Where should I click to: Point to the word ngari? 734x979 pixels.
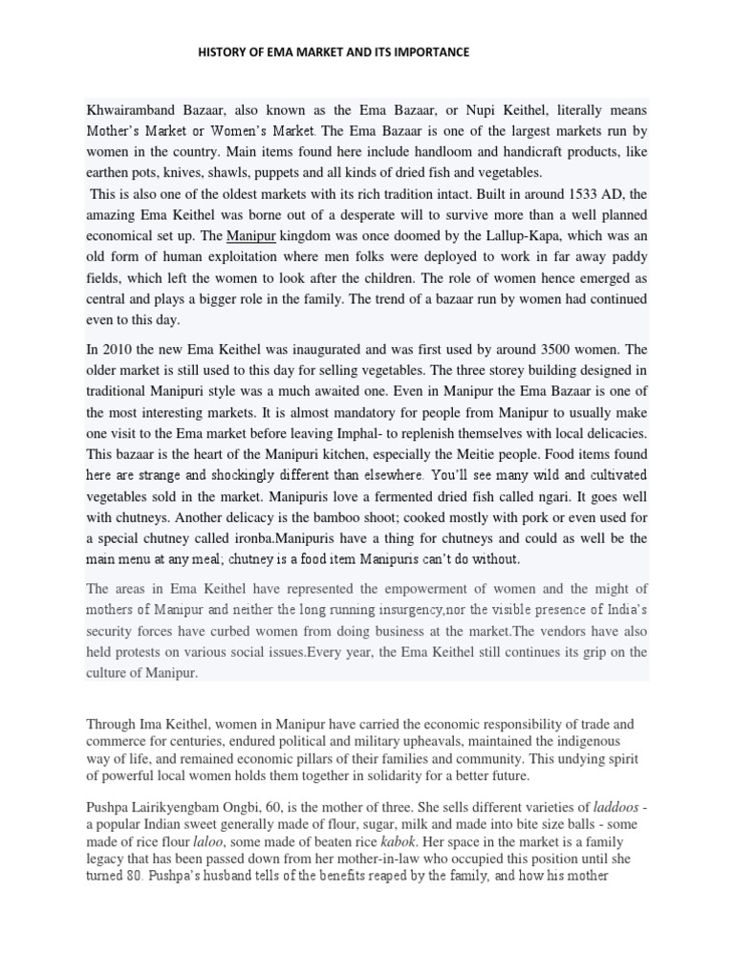point(536,496)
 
